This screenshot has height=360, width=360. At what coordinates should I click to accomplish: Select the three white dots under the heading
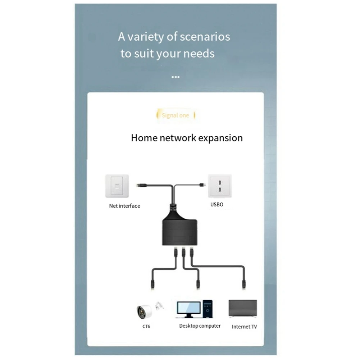click(176, 77)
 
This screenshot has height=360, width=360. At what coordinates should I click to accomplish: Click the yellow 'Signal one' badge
click(176, 115)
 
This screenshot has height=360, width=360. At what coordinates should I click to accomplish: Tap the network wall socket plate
click(117, 186)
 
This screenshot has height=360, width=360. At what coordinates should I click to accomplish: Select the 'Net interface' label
click(124, 206)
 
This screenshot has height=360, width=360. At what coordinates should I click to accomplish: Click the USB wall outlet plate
click(219, 186)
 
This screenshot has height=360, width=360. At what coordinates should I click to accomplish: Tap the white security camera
click(144, 311)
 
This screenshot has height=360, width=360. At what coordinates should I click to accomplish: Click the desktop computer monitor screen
click(188, 307)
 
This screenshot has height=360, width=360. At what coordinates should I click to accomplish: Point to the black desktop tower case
click(207, 309)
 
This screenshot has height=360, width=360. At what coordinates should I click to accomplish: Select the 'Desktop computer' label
click(200, 326)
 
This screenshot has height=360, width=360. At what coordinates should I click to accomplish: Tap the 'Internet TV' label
click(245, 327)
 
